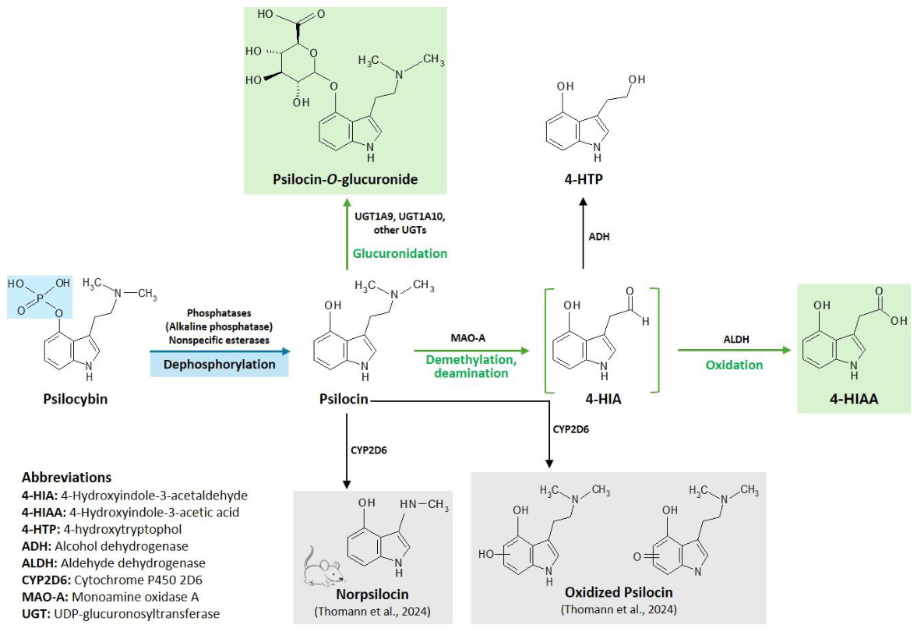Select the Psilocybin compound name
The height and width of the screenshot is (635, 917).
click(75, 400)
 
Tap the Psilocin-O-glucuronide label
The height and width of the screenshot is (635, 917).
click(345, 179)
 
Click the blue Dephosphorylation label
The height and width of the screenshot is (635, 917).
click(219, 364)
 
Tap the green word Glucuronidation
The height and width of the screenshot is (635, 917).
click(400, 253)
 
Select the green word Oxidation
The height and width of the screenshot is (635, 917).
click(734, 365)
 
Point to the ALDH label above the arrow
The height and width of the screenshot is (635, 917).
click(734, 340)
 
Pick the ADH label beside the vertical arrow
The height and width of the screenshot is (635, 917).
click(599, 236)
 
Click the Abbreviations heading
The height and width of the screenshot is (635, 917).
click(66, 477)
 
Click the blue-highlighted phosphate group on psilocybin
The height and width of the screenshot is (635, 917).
click(40, 296)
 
